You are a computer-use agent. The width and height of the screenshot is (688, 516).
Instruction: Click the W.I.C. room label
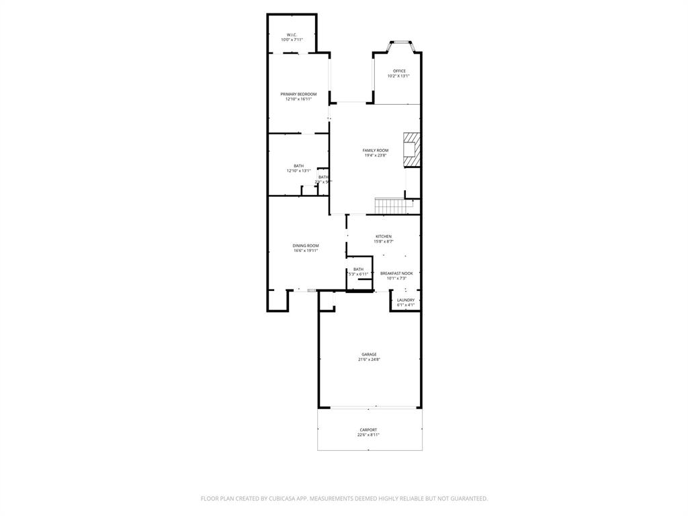pyautogui.click(x=292, y=35)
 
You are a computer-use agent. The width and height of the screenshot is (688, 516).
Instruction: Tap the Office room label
pyautogui.click(x=399, y=71)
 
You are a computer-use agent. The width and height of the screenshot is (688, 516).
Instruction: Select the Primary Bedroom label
pyautogui.click(x=298, y=94)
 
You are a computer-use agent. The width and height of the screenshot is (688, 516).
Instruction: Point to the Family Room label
pyautogui.click(x=376, y=150)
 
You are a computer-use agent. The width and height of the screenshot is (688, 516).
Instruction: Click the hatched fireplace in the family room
pyautogui.click(x=411, y=150)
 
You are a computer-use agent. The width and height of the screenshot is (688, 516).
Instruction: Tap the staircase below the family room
pyautogui.click(x=388, y=206)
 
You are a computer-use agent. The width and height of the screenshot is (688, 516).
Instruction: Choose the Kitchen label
pyautogui.click(x=384, y=236)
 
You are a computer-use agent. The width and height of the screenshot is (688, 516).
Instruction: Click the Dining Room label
pyautogui.click(x=306, y=246)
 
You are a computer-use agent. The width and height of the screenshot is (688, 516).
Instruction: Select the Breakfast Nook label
pyautogui.click(x=396, y=273)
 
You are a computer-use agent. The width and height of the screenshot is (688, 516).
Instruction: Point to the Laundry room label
pyautogui.click(x=406, y=300)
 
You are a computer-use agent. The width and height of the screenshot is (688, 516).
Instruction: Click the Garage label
pyautogui.click(x=369, y=354)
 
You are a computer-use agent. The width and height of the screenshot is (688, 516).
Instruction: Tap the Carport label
pyautogui.click(x=368, y=430)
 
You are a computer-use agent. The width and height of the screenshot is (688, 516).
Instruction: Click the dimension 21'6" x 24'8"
pyautogui.click(x=369, y=359)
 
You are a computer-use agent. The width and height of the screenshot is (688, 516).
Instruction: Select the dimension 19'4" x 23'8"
pyautogui.click(x=376, y=156)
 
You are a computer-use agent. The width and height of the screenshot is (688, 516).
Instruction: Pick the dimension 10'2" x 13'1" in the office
pyautogui.click(x=398, y=76)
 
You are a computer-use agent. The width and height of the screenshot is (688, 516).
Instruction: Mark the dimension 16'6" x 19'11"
pyautogui.click(x=306, y=251)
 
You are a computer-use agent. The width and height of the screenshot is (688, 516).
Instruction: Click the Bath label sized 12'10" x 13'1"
pyautogui.click(x=298, y=166)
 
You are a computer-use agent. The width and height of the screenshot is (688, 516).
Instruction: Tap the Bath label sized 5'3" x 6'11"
pyautogui.click(x=358, y=269)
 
